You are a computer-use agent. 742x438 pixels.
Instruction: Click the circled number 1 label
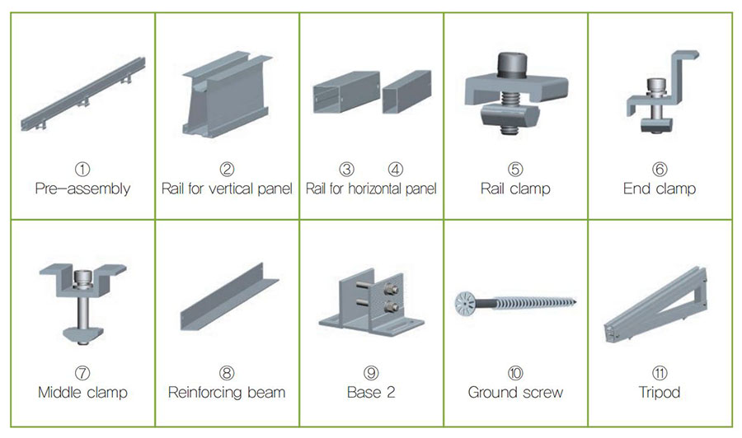tap(82, 169)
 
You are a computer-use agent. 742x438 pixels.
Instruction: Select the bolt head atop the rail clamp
tap(512, 65)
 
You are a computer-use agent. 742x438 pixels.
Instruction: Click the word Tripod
tap(660, 392)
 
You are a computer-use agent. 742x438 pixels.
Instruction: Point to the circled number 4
tap(395, 169)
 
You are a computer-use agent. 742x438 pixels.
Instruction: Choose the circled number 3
tap(347, 169)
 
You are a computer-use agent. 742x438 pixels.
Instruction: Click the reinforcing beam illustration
tap(229, 296)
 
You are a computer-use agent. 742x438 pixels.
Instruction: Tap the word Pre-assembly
tap(82, 189)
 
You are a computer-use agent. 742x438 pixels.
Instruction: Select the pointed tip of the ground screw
tap(575, 300)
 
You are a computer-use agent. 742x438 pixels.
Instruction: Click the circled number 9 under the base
tap(371, 373)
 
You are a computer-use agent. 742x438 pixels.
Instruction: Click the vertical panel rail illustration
tap(228, 95)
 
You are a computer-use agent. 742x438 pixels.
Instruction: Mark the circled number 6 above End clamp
tap(660, 169)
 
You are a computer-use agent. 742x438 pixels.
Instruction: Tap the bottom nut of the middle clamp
tap(82, 335)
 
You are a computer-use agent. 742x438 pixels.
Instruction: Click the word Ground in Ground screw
tap(491, 392)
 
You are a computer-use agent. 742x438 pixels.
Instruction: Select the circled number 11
tap(660, 373)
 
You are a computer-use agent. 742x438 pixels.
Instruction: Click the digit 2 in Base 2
tap(391, 392)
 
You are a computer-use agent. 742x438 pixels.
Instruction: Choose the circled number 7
tap(82, 373)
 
